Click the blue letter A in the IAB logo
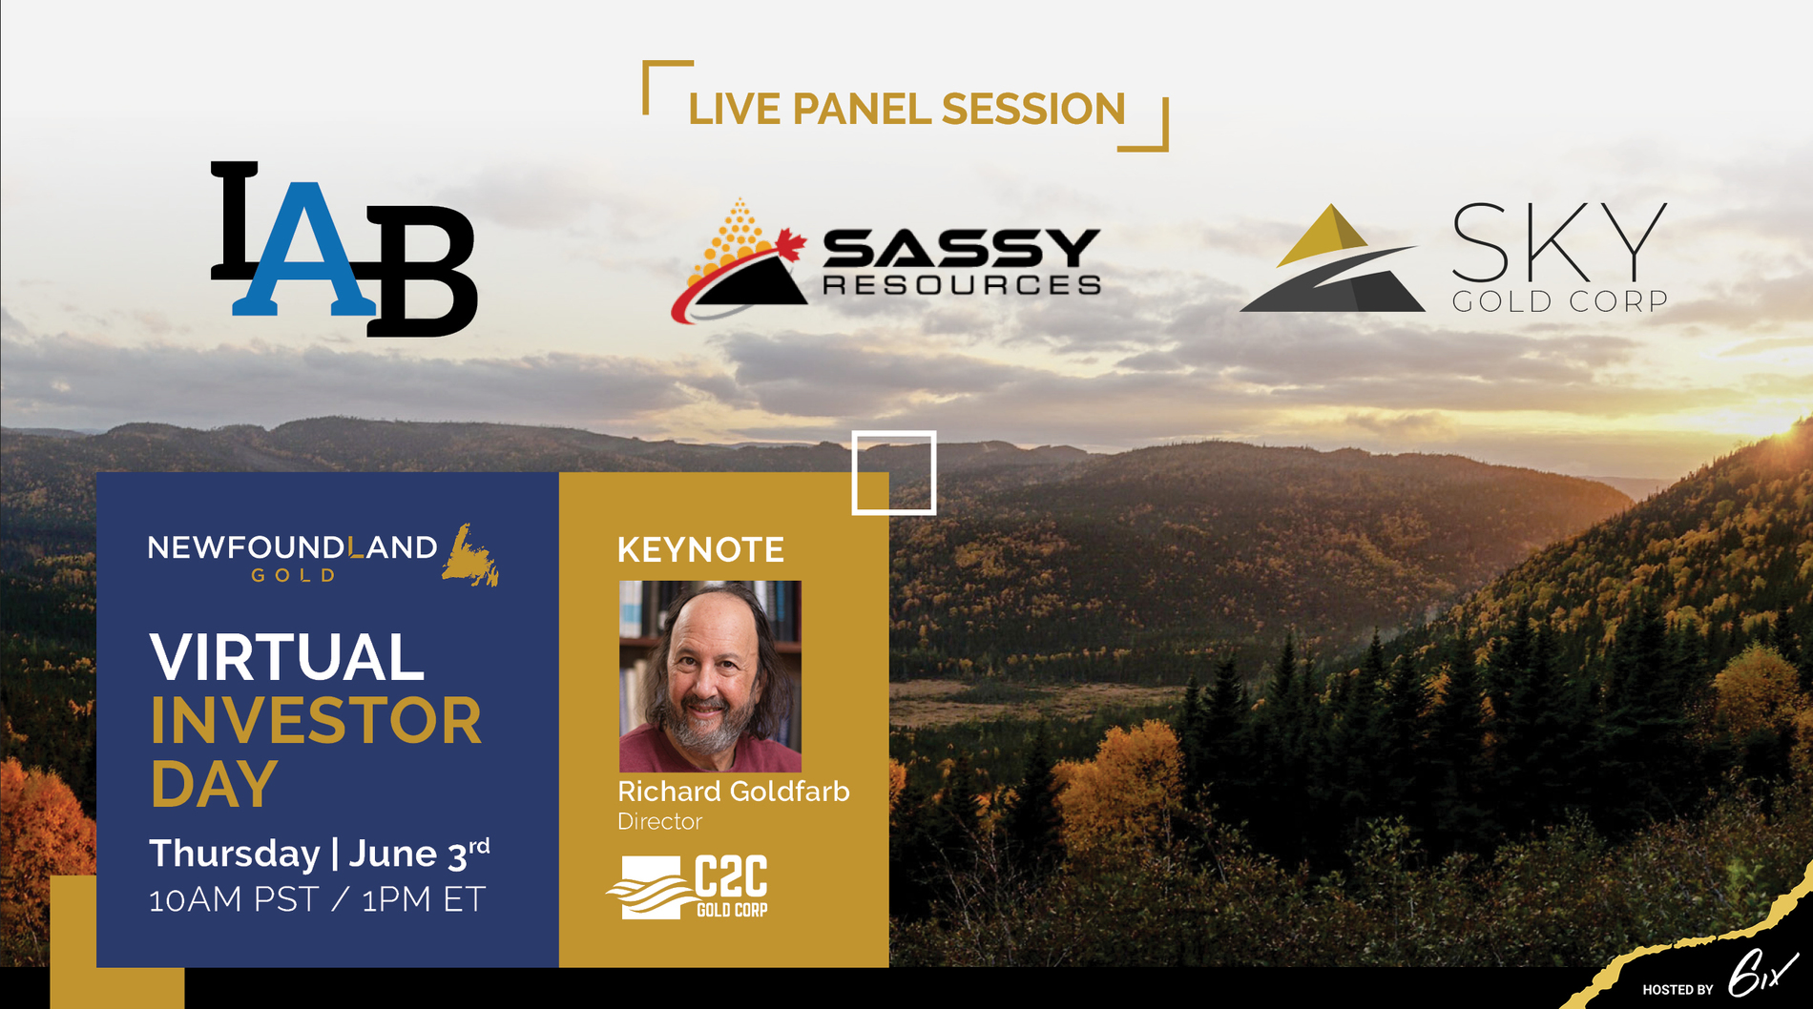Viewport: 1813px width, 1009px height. pyautogui.click(x=303, y=250)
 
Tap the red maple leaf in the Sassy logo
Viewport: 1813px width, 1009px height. pyautogui.click(x=789, y=244)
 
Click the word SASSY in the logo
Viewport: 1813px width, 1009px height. pyautogui.click(x=962, y=249)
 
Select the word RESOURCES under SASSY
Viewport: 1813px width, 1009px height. pyautogui.click(x=962, y=284)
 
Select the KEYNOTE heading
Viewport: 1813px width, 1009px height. pyautogui.click(x=700, y=549)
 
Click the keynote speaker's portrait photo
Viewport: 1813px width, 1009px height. pyautogui.click(x=710, y=676)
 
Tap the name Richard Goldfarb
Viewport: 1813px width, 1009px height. pyautogui.click(x=733, y=791)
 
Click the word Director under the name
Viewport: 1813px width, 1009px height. pyautogui.click(x=659, y=821)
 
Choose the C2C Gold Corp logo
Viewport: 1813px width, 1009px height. pyautogui.click(x=688, y=887)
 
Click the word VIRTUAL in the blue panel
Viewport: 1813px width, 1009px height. pyautogui.click(x=286, y=657)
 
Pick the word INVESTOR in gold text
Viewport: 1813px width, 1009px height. pyautogui.click(x=316, y=721)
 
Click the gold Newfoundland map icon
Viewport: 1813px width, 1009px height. pyautogui.click(x=470, y=554)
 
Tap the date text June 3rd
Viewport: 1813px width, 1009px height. pyautogui.click(x=419, y=853)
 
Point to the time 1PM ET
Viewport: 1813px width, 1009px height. pyautogui.click(x=424, y=899)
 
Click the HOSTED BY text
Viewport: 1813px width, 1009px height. pyautogui.click(x=1678, y=990)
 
